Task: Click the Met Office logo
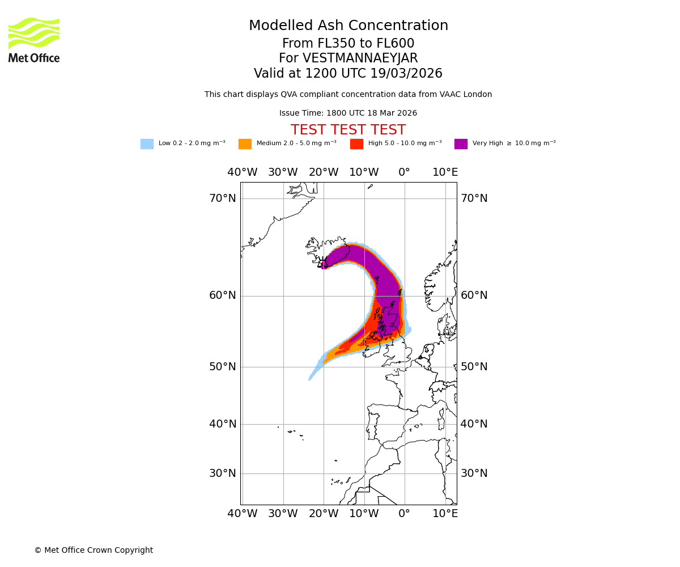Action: (x=34, y=40)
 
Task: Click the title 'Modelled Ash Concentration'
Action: (x=348, y=26)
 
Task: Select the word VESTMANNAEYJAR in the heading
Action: (x=360, y=58)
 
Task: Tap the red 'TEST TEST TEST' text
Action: (x=348, y=130)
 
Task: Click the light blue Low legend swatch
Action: (x=147, y=144)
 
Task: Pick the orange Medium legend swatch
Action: (x=245, y=144)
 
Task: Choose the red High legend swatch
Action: (x=356, y=144)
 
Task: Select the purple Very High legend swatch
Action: (x=461, y=144)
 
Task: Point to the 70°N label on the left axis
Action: (x=223, y=198)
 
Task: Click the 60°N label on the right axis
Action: (x=474, y=295)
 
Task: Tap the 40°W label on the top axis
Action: (x=242, y=172)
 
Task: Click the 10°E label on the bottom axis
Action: (x=445, y=514)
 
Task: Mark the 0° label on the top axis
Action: (x=404, y=172)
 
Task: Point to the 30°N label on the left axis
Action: (x=223, y=473)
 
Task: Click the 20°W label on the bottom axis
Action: (x=324, y=514)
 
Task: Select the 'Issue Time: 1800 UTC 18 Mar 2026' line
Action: (x=348, y=113)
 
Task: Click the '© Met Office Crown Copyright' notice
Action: (x=93, y=551)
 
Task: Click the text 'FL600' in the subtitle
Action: (x=396, y=44)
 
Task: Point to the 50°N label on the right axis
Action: (x=474, y=367)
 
